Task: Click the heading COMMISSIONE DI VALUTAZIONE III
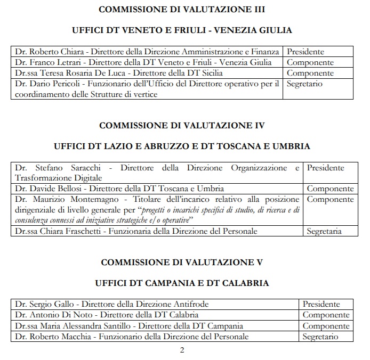click(x=182, y=10)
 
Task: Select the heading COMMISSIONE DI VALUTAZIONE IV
click(x=182, y=125)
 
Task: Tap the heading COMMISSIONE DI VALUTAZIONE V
click(x=182, y=262)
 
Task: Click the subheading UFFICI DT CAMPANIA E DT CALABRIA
click(x=182, y=283)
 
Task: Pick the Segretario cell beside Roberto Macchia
click(x=320, y=337)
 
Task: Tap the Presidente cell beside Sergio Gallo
click(x=321, y=304)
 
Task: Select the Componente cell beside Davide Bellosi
click(x=330, y=189)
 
